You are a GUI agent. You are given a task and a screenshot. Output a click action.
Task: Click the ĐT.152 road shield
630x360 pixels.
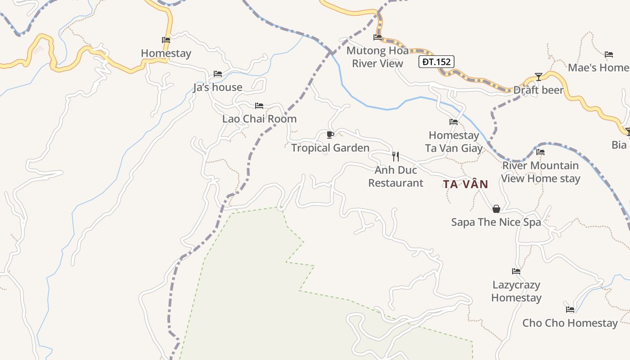436,62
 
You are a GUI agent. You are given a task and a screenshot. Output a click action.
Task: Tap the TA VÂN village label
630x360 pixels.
465,184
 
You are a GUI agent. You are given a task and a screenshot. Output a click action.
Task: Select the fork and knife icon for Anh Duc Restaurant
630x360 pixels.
396,156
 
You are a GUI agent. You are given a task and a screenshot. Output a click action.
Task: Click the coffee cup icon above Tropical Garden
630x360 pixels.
330,135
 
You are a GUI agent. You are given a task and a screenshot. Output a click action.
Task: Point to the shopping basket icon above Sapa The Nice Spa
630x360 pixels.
496,209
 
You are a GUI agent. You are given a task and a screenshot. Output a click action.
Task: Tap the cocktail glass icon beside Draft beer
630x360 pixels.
538,76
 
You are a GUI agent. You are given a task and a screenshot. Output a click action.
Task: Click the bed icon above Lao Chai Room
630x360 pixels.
259,106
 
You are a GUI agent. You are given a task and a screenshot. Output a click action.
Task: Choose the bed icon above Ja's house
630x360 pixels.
218,74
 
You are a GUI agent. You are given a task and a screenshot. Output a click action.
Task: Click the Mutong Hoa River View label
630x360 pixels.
377,57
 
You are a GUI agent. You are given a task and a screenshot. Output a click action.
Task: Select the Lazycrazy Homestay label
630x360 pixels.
516,291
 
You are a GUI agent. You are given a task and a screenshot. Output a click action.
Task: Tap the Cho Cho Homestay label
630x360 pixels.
570,323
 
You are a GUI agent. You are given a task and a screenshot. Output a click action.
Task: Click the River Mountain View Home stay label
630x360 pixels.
540,172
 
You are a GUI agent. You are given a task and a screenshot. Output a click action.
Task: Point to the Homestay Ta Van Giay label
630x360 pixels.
454,142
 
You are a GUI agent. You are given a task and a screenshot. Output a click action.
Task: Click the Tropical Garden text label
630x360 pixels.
330,148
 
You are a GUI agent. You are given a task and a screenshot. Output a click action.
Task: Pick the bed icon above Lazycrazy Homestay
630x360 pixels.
516,271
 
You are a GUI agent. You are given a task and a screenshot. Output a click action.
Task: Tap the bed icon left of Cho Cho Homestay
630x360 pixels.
570,309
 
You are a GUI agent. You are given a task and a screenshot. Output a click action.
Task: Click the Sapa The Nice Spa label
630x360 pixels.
496,222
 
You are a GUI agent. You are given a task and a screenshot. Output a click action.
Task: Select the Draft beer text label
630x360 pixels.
539,90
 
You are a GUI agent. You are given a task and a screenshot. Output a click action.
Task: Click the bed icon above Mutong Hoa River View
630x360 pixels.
378,37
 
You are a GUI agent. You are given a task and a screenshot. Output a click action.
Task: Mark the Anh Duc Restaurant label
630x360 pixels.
396,176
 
